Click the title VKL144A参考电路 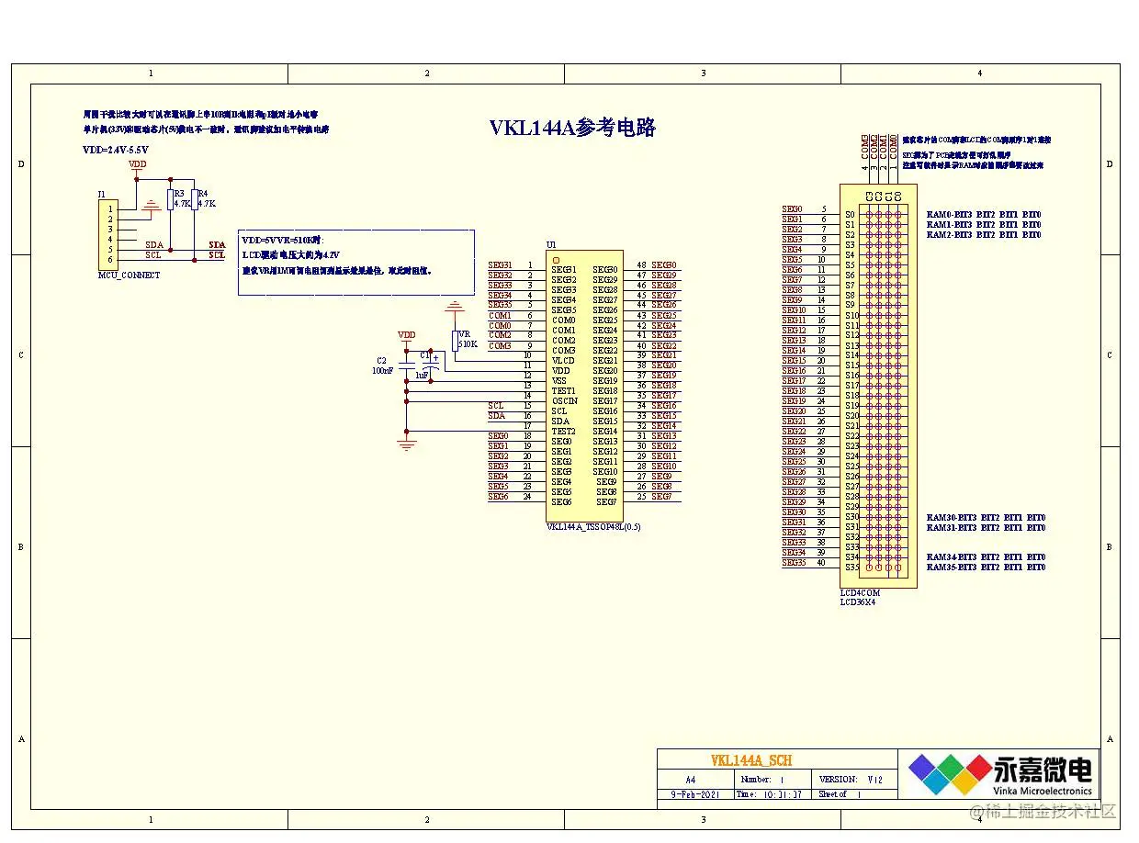[x=572, y=128]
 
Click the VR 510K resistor [x=455, y=341]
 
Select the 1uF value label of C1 [x=422, y=376]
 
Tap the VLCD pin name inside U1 [x=563, y=361]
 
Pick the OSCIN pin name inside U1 [x=565, y=401]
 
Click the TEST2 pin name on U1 [x=563, y=432]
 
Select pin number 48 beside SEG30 [x=641, y=264]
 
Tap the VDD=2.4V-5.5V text [x=116, y=150]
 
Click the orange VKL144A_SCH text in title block [x=750, y=760]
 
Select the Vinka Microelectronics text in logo [x=1042, y=791]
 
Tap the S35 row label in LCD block [x=851, y=568]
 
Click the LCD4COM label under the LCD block [x=860, y=593]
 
